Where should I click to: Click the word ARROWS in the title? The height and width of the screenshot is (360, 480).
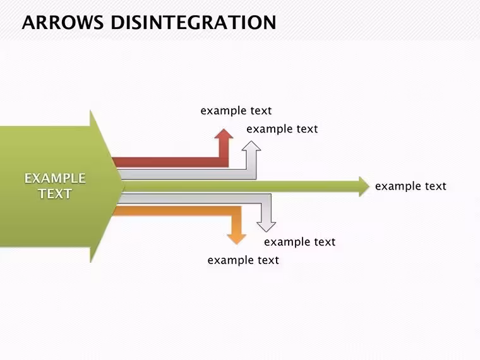tap(63, 22)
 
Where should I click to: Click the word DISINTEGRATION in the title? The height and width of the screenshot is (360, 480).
tap(193, 22)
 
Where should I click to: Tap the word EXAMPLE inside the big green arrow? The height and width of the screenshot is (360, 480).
tap(55, 179)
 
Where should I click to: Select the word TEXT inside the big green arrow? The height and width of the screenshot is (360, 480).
tap(56, 194)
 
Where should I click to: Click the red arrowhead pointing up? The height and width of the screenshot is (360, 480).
tap(224, 134)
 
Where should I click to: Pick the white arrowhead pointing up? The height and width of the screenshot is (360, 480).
tap(251, 146)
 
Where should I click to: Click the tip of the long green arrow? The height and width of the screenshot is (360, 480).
tap(370, 186)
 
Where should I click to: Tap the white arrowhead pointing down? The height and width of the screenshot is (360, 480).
tap(266, 227)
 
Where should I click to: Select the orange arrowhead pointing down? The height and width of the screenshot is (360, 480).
tap(237, 239)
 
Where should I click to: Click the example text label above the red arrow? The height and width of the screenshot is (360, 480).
tap(236, 111)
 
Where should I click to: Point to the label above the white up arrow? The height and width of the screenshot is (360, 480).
tap(282, 129)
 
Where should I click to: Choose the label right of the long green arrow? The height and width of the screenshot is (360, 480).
tap(411, 186)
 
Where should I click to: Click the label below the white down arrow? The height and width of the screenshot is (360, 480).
tap(300, 242)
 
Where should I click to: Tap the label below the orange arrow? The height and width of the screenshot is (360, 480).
tap(243, 260)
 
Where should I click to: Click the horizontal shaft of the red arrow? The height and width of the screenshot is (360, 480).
tap(170, 162)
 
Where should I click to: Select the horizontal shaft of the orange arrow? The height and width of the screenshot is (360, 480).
tap(176, 211)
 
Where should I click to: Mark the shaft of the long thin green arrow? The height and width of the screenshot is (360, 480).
tap(242, 186)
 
